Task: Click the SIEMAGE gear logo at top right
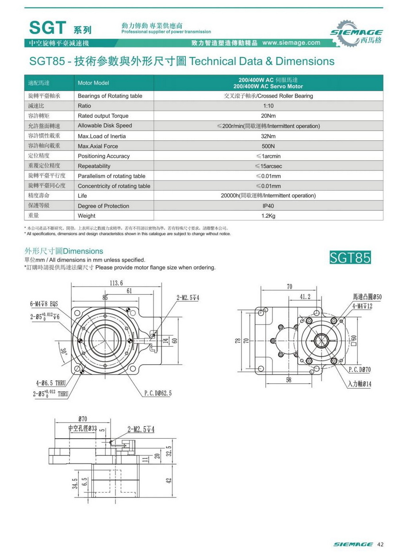pyautogui.click(x=356, y=34)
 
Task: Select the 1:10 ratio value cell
pyautogui.click(x=268, y=106)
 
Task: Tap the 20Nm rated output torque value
pyautogui.click(x=268, y=116)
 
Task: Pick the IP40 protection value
pyautogui.click(x=268, y=206)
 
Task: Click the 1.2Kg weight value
pyautogui.click(x=268, y=216)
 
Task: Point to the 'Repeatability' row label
pyautogui.click(x=94, y=166)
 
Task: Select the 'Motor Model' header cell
pyautogui.click(x=93, y=83)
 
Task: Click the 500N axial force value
pyautogui.click(x=268, y=146)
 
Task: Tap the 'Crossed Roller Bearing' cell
pyautogui.click(x=268, y=96)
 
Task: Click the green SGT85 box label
pyautogui.click(x=350, y=258)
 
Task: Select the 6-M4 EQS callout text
pyautogui.click(x=44, y=304)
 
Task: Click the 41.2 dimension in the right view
pyautogui.click(x=305, y=297)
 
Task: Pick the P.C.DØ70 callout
pyautogui.click(x=360, y=369)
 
